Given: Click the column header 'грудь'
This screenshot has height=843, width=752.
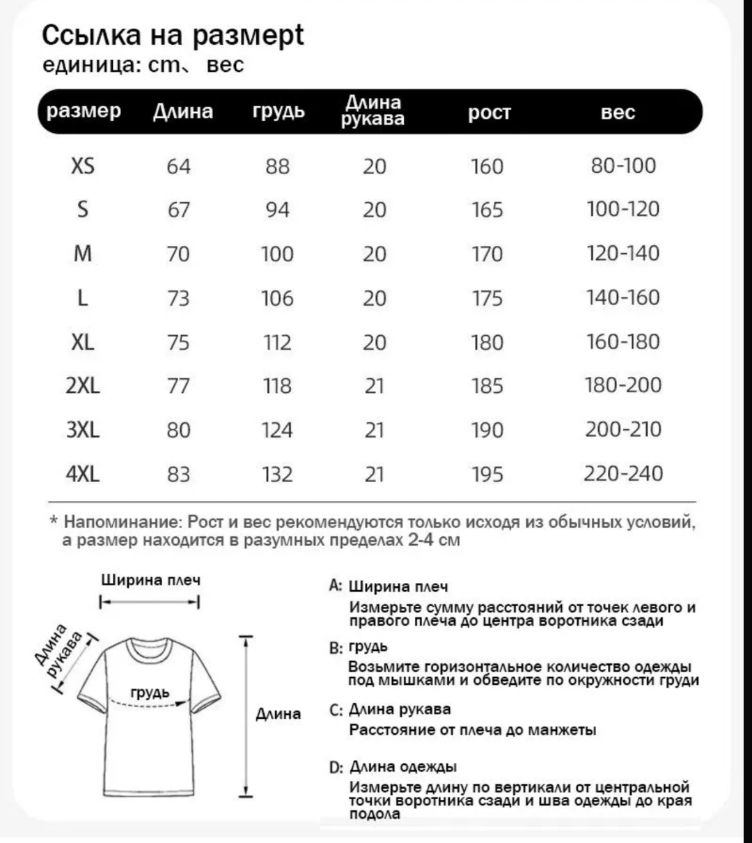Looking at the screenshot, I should click(x=279, y=112).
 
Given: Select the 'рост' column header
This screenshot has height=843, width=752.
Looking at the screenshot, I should click(x=489, y=113).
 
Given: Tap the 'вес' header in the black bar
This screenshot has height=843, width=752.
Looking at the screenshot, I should click(x=618, y=113).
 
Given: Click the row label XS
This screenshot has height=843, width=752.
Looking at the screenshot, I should click(x=83, y=166).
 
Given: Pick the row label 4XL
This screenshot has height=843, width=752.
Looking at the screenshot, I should click(x=83, y=474).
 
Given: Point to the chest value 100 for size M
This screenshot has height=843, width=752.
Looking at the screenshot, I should click(x=277, y=254).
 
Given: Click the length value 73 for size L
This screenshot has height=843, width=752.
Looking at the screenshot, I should click(x=178, y=298).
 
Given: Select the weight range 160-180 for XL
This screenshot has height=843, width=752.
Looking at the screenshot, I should click(x=623, y=342).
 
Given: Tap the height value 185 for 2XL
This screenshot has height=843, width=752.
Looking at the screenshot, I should click(x=487, y=386).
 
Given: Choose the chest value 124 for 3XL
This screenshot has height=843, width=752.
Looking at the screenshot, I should click(x=277, y=431).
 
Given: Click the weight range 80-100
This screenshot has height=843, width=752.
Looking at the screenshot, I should click(x=623, y=166).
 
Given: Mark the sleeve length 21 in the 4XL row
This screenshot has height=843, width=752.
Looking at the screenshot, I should click(x=375, y=474).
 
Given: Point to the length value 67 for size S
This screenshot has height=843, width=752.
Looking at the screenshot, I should click(x=178, y=210).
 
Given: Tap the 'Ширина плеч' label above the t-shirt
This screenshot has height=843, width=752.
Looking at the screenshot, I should click(x=151, y=580).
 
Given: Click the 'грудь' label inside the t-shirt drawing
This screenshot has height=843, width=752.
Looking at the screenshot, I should click(x=150, y=693).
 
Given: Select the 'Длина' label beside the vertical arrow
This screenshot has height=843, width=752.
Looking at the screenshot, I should click(x=279, y=714).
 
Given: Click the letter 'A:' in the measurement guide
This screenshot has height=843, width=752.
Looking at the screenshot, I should click(x=336, y=586).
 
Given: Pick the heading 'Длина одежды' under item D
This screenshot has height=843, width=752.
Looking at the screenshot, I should click(x=402, y=767).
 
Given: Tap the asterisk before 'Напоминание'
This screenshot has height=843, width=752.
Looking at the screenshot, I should click(x=54, y=521).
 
